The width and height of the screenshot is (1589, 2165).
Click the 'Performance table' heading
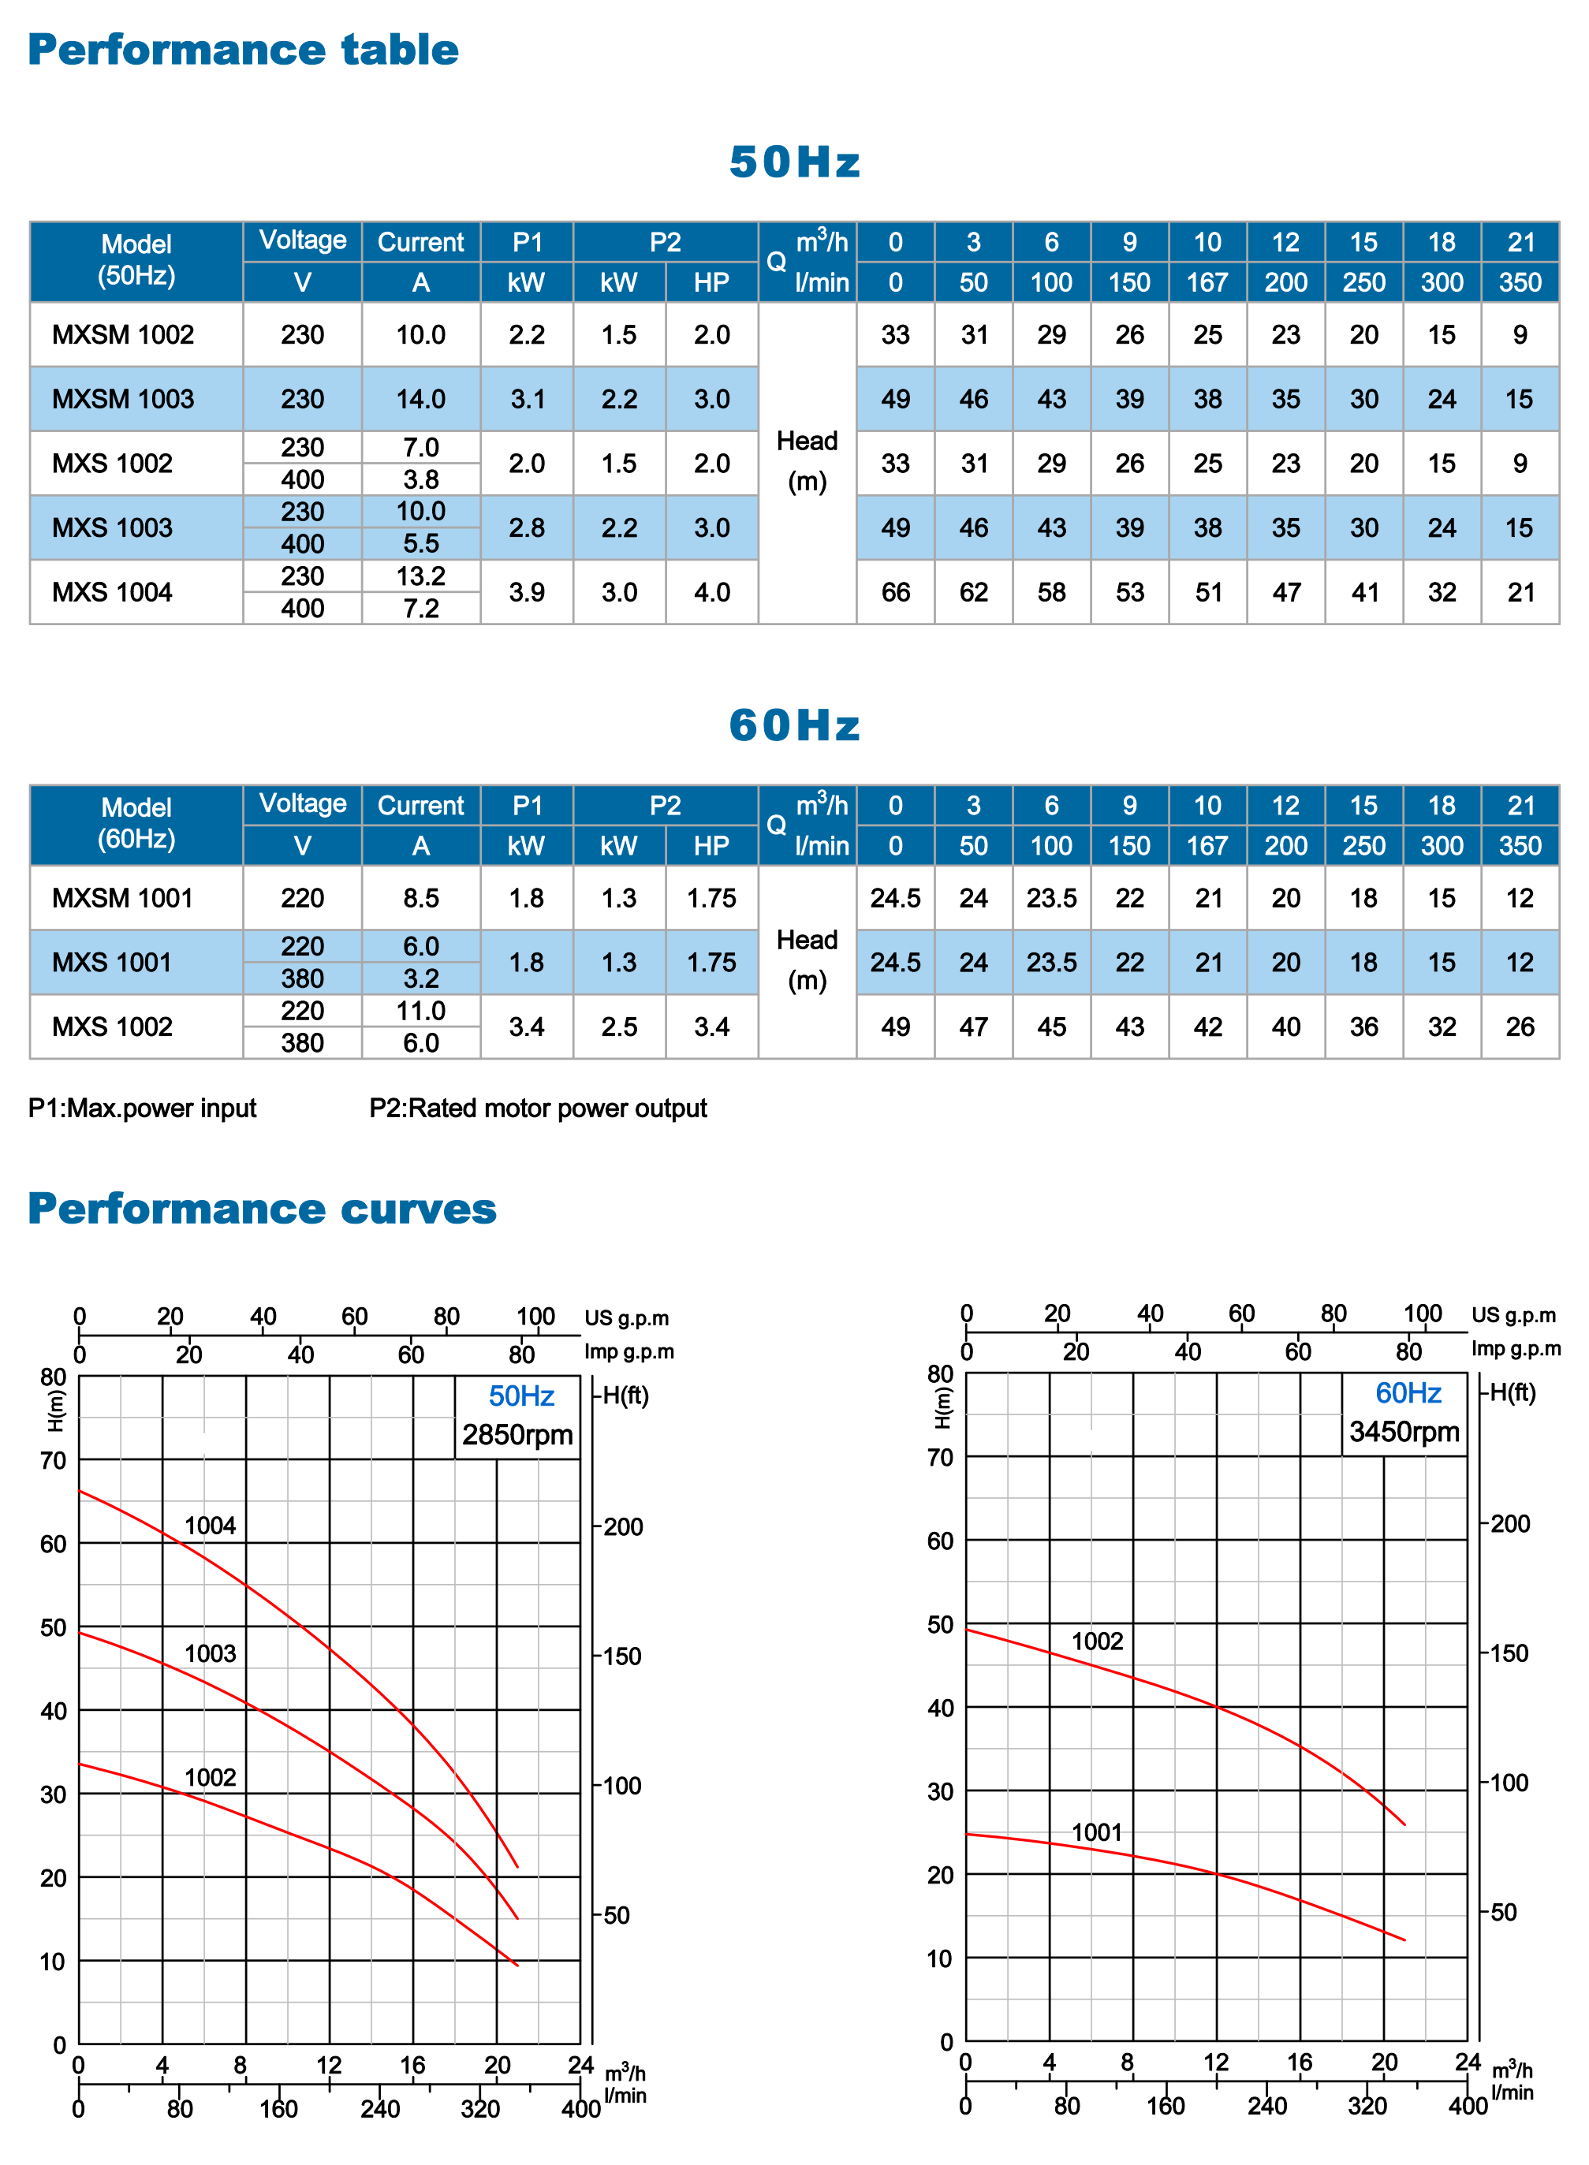tap(244, 50)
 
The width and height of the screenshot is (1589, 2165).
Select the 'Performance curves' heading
tap(263, 1209)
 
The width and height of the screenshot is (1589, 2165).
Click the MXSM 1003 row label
tap(123, 399)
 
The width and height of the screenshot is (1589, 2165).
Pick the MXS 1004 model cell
tap(113, 592)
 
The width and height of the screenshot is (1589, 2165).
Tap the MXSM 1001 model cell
tap(123, 898)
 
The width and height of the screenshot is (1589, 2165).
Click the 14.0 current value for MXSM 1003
tap(421, 399)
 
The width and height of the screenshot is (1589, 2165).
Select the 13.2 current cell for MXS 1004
tap(421, 576)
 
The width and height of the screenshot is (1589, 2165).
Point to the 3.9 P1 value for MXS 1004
tap(527, 592)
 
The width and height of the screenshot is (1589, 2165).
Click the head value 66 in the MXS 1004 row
tap(896, 592)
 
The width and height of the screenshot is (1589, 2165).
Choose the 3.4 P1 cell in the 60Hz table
tap(527, 1027)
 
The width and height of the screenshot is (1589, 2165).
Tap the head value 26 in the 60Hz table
tap(1520, 1027)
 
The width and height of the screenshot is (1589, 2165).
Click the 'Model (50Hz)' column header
tap(136, 259)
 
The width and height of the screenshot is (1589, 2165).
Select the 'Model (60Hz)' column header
tap(136, 823)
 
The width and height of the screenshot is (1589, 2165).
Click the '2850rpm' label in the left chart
tap(517, 1435)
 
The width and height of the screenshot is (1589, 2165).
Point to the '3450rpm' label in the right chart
tap(1404, 1432)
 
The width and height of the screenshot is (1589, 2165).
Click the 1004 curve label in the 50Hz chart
tap(210, 1526)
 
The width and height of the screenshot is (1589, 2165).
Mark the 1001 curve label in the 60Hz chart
tap(1098, 1832)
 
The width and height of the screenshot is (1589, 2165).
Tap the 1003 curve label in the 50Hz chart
tap(210, 1653)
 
